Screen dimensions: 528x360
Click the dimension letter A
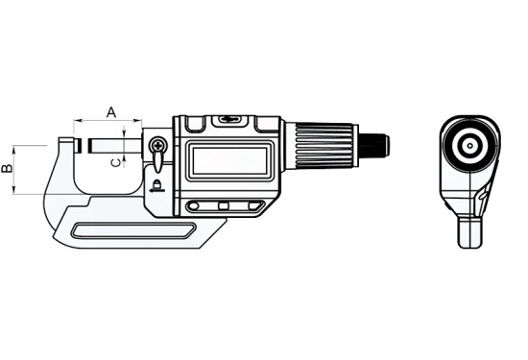[x=111, y=112]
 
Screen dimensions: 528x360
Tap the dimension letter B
[x=7, y=168]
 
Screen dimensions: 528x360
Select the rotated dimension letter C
[x=115, y=163]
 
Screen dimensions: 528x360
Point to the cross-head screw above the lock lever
[x=157, y=146]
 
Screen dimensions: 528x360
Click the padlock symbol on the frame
[x=156, y=184]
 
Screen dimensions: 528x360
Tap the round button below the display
[x=193, y=206]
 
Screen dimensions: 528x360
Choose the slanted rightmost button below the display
[x=255, y=205]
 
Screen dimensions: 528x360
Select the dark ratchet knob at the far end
[x=374, y=146]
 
